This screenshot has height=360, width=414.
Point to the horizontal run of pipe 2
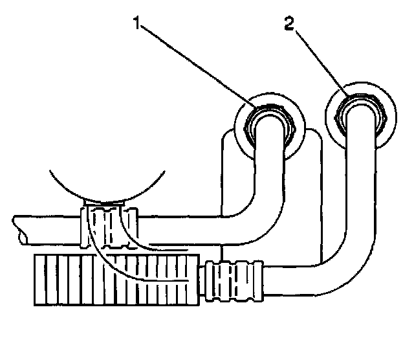pos(298,279)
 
